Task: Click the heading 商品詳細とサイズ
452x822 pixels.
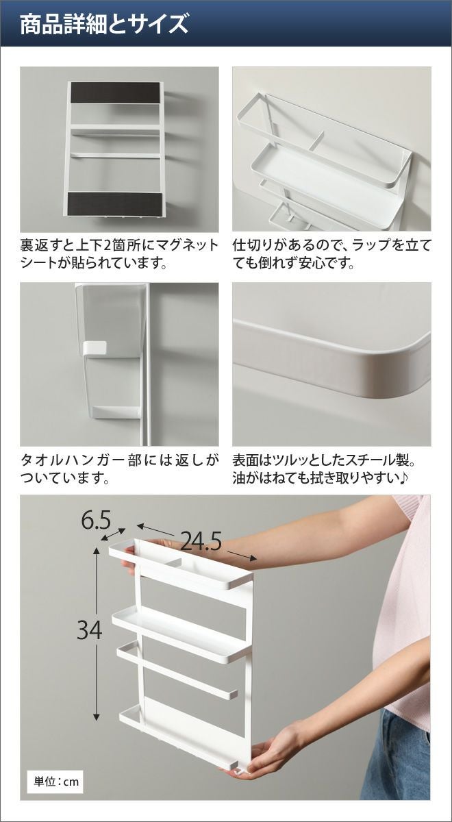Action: coord(104,24)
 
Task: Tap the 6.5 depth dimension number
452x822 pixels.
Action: coord(96,520)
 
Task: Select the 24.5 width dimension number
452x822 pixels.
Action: coord(201,542)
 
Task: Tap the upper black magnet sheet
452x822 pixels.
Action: coord(115,92)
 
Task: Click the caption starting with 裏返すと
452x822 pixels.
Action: coord(119,254)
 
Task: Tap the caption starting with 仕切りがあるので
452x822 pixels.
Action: coord(331,254)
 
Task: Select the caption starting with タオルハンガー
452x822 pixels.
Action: coord(119,469)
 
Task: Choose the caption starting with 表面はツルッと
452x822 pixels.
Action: coord(325,469)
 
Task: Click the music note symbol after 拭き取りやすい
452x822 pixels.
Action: coord(403,478)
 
